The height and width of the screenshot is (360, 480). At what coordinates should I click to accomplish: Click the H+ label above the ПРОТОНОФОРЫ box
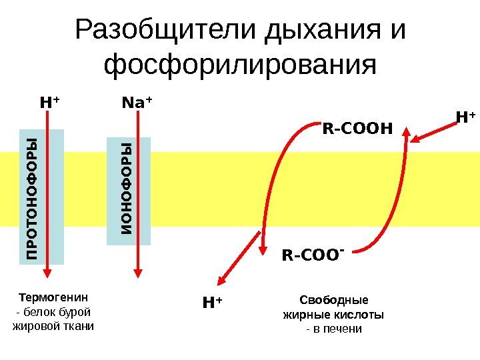pos(49,103)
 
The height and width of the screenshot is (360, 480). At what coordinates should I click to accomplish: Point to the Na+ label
pos(137,103)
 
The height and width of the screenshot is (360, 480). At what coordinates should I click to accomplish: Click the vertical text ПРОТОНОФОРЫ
pos(32,197)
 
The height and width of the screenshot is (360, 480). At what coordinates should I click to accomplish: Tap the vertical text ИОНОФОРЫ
pos(127,189)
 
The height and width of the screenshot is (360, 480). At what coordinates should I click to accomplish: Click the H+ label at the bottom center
pos(212,304)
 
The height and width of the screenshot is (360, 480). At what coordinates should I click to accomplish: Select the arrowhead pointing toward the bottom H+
pos(218,281)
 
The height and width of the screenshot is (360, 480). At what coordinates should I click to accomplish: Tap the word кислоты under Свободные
pos(363,314)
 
